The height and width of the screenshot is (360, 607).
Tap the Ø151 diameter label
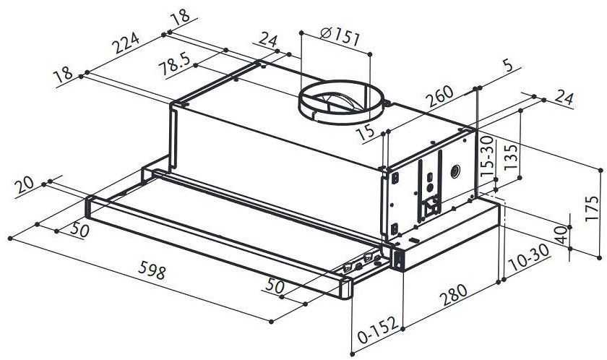click(340, 37)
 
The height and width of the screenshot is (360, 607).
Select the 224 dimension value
click(126, 42)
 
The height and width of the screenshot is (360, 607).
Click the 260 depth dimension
click(439, 96)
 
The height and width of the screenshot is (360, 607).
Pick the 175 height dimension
click(592, 209)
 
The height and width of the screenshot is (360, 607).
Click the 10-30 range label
click(529, 258)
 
